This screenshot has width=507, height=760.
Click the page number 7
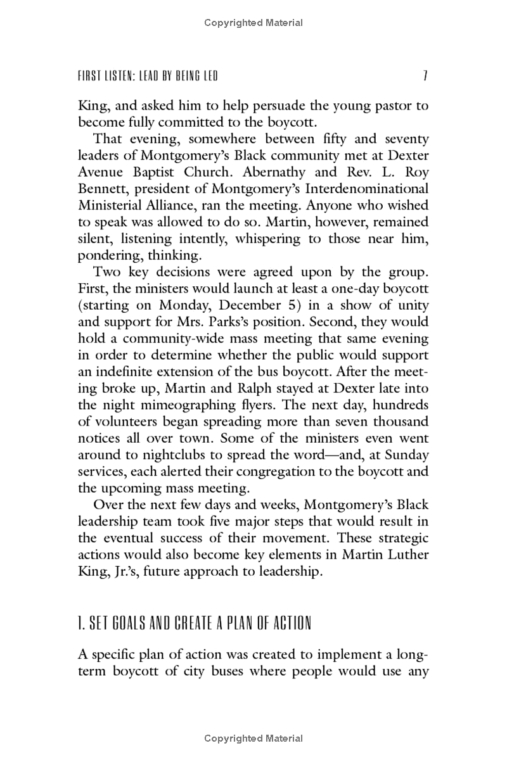coord(425,77)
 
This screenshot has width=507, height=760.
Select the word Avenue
coord(101,172)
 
